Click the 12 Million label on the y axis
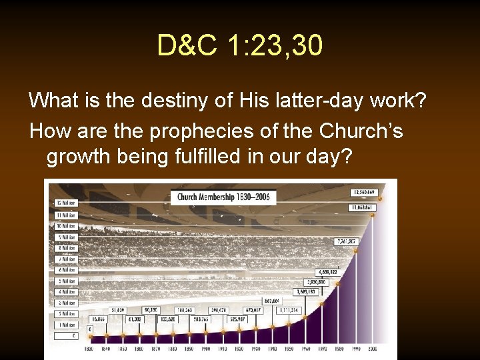coord(67,203)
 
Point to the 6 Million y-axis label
coord(67,270)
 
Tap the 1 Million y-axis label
coord(67,325)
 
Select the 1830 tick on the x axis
coord(89,349)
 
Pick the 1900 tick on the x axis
coord(205,349)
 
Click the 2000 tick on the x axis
coord(372,349)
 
